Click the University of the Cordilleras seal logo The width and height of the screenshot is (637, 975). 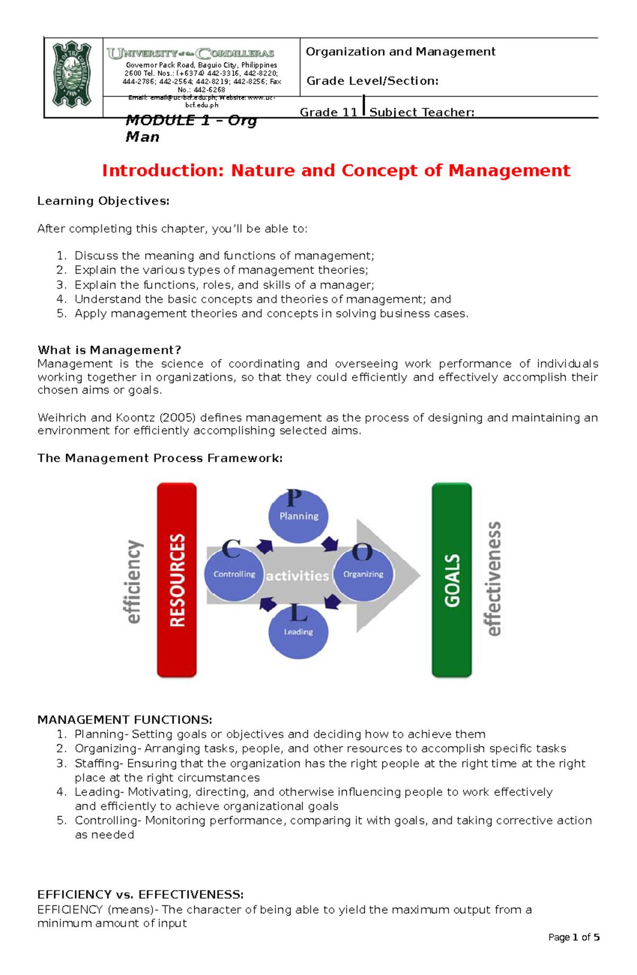tap(72, 74)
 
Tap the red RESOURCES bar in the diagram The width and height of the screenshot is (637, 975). tap(177, 580)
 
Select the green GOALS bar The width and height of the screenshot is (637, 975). tap(452, 580)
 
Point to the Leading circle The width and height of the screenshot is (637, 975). tap(298, 631)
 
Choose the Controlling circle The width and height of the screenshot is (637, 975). tap(234, 573)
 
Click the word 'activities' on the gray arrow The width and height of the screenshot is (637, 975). tap(297, 575)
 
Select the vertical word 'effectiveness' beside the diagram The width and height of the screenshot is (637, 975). tap(494, 579)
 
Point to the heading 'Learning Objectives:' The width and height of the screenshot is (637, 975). tap(104, 201)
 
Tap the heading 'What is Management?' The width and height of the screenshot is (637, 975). tap(109, 350)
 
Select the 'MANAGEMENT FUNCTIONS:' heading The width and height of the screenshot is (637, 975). tap(125, 720)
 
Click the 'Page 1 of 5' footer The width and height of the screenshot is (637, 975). tap(574, 937)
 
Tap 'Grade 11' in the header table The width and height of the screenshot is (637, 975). tap(329, 112)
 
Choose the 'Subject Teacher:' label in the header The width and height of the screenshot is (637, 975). tap(421, 112)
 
